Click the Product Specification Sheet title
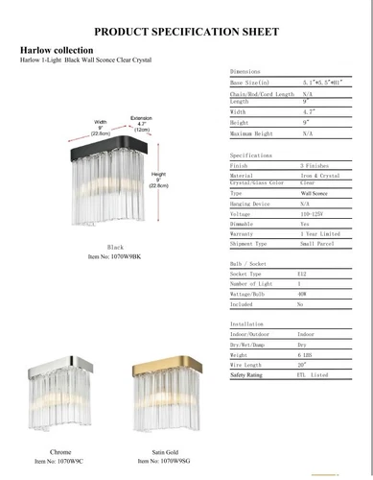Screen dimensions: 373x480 [186, 31]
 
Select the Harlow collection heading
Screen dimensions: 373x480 [57, 49]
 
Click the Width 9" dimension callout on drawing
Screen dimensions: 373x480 [101, 128]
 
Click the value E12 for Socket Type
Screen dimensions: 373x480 [302, 273]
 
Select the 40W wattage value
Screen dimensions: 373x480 [302, 293]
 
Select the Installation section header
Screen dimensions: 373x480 [250, 324]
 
